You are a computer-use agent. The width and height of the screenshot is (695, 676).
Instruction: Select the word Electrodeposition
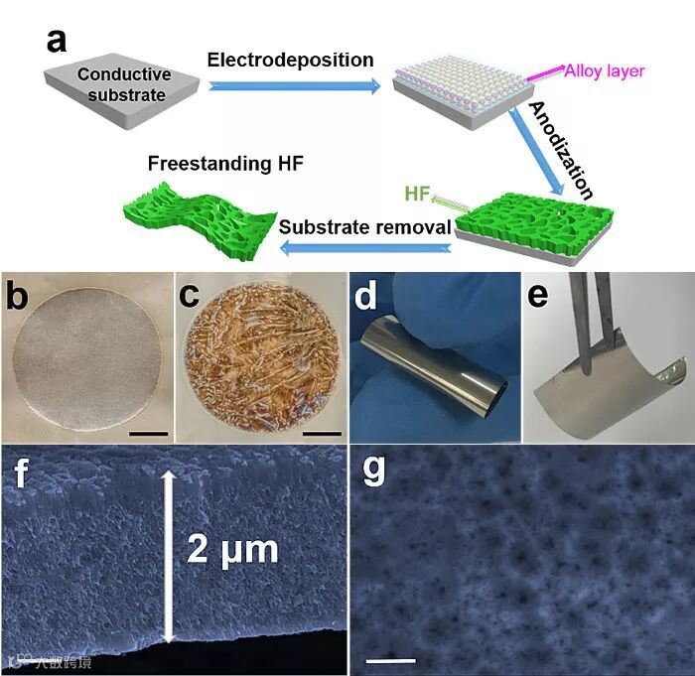point(291,61)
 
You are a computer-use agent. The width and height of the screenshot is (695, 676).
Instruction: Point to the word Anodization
point(561,150)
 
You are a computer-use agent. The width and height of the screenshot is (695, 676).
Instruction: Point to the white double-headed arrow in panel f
point(168,556)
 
